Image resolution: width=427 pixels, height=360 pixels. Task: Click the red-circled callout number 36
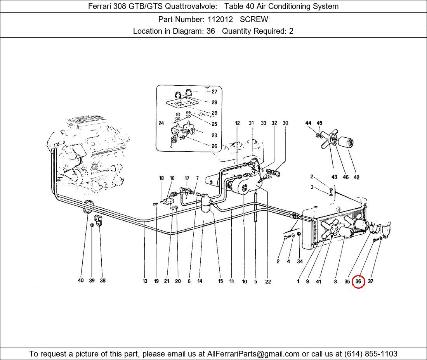point(358,281)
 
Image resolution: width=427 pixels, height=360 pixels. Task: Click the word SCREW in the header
point(254,19)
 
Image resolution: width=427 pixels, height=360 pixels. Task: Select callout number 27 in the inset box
point(214,92)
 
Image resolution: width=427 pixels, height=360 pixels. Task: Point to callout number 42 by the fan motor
point(356,177)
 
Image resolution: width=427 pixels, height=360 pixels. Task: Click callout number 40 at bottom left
point(81,280)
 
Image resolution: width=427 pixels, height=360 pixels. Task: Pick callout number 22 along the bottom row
point(268,282)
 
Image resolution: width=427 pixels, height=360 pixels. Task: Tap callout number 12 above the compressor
point(238,123)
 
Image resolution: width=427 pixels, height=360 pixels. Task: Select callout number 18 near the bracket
point(161,178)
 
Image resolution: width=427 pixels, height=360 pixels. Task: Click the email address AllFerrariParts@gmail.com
point(253,353)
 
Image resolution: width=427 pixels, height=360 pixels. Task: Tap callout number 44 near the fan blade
point(308,123)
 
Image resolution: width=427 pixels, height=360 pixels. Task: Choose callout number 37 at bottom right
point(370,281)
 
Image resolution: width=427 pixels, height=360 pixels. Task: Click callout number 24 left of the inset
point(161,123)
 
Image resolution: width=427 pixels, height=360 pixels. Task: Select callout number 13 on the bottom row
point(145,281)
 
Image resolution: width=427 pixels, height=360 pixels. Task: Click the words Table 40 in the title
point(240,6)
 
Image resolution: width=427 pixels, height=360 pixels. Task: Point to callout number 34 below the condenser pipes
point(300,261)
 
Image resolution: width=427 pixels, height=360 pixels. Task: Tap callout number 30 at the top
point(285,123)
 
